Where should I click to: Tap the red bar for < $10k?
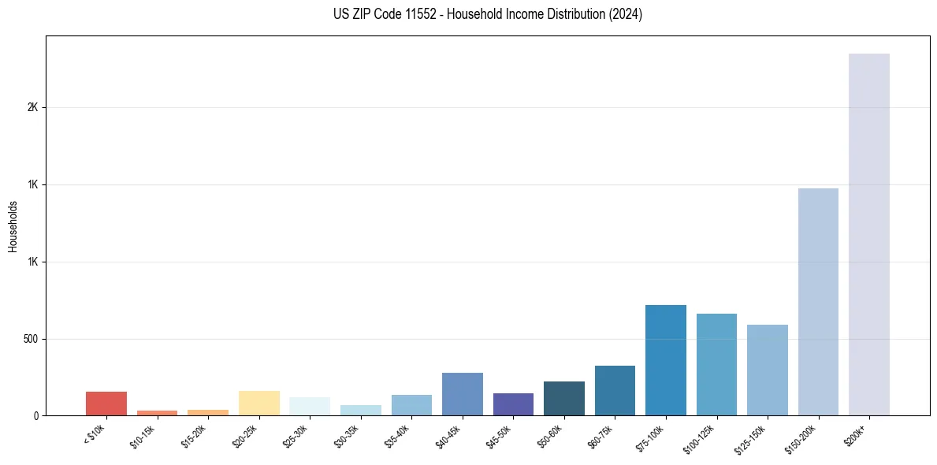(x=106, y=404)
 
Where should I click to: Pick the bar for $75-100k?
(x=665, y=360)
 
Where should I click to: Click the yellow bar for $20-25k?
(x=258, y=403)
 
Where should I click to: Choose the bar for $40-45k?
(x=462, y=394)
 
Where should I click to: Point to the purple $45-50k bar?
(x=513, y=404)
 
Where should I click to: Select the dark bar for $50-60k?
(x=563, y=399)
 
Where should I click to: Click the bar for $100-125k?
(x=716, y=365)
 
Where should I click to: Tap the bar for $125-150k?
(x=767, y=370)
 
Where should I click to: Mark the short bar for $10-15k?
(x=157, y=413)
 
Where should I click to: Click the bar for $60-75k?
(x=615, y=391)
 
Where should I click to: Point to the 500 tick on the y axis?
(x=31, y=339)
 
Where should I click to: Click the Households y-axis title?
(x=13, y=225)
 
